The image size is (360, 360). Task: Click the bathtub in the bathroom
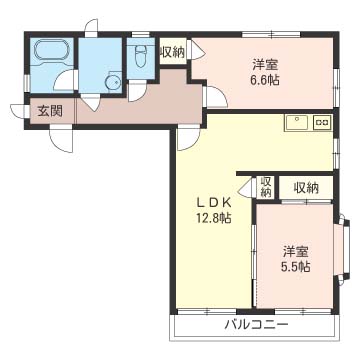tap(49, 52)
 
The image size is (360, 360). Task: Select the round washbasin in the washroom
tap(112, 83)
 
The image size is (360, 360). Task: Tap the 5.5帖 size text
tap(295, 266)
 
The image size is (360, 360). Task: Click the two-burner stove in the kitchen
tap(322, 123)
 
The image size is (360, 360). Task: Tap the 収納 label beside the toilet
tap(171, 52)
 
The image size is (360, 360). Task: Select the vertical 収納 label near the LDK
tap(265, 188)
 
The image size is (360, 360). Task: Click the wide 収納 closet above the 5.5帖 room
tap(306, 187)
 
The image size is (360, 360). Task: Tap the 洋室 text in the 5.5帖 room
tap(295, 249)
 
